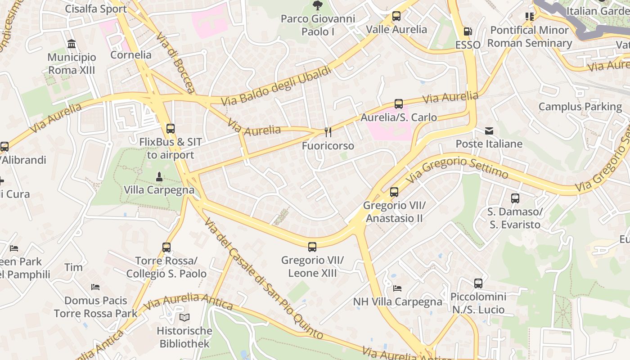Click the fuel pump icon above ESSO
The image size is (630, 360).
[468, 31]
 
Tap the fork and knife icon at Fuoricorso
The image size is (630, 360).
[328, 132]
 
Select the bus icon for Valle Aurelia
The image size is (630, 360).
[396, 16]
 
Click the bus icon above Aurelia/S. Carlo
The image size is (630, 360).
[399, 104]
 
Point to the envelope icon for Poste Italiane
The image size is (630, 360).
[489, 131]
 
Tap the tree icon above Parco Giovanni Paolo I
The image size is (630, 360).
[318, 5]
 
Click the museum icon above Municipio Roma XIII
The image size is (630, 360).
[72, 44]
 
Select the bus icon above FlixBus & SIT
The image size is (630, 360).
[171, 129]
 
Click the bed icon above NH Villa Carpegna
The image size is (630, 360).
[397, 288]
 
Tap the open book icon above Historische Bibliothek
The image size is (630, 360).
[184, 318]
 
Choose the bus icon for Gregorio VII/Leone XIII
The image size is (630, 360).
[312, 247]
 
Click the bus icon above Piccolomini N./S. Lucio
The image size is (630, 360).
[478, 283]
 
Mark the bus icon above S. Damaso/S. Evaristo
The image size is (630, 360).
[515, 198]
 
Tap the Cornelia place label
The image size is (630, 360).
[131, 55]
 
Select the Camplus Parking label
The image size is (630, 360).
[580, 107]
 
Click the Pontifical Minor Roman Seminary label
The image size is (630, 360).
[530, 37]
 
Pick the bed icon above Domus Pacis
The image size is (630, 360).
[95, 287]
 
